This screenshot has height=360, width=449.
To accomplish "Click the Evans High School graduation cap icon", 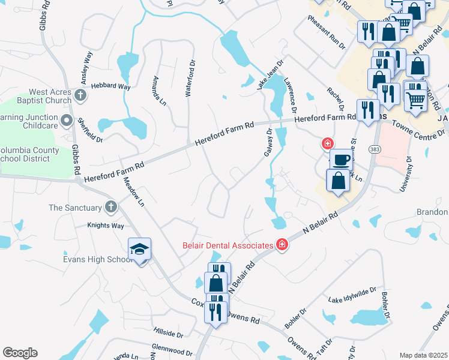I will click(x=139, y=250).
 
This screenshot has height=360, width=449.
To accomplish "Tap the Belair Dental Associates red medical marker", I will click(x=282, y=244).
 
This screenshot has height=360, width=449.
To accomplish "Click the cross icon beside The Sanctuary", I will click(x=110, y=208).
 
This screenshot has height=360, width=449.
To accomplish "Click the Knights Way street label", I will click(x=106, y=226).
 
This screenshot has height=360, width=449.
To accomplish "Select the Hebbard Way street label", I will click(x=110, y=87).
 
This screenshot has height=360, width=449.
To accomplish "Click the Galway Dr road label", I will click(x=268, y=143).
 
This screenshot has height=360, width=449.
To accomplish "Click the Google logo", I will click(x=20, y=353).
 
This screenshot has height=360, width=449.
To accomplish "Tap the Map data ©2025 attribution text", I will click(x=423, y=355).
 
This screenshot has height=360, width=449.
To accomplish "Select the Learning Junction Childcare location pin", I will click(x=67, y=118).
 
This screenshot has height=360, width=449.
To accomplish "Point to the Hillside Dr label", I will click(x=167, y=331).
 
